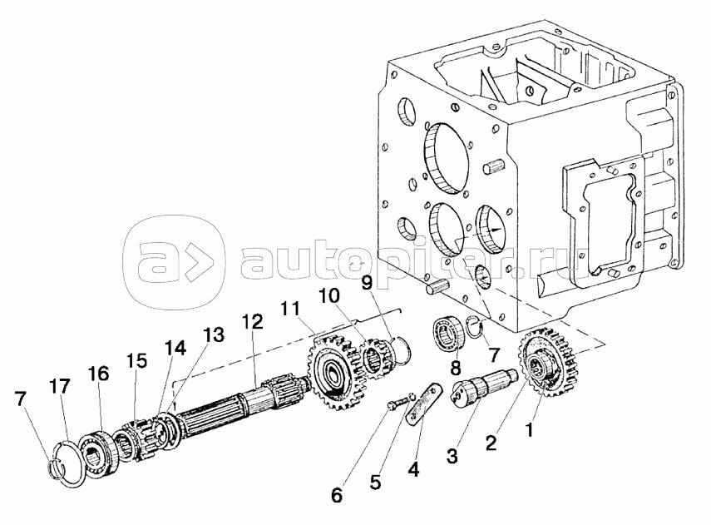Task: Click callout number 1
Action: [528, 428]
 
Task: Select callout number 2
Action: [491, 442]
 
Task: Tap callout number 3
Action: [452, 456]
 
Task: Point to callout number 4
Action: [413, 469]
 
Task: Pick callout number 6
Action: [337, 496]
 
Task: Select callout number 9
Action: [367, 284]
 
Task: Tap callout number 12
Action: [252, 323]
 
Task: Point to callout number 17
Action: [60, 387]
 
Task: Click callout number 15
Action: [136, 361]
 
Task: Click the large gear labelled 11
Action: [332, 372]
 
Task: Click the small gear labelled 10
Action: [378, 359]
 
